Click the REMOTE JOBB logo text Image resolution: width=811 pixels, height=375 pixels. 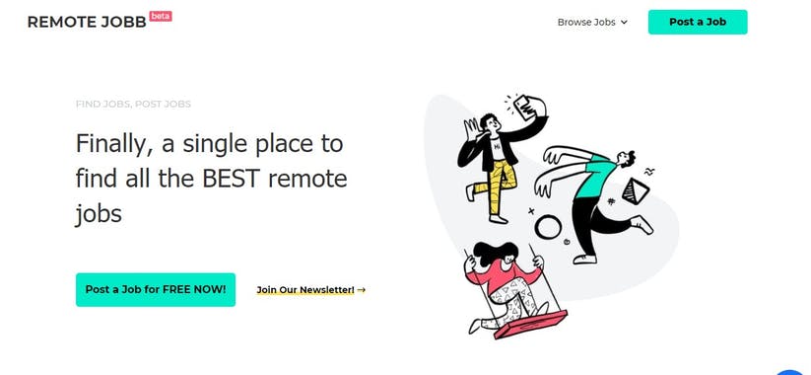86,22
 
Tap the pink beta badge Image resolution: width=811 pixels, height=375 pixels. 161,16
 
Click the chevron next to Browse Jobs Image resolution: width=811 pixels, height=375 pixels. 624,23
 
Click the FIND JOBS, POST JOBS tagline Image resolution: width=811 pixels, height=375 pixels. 133,104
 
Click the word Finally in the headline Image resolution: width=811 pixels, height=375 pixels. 110,144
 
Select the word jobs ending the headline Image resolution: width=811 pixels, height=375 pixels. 99,212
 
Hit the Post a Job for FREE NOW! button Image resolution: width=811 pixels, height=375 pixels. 156,289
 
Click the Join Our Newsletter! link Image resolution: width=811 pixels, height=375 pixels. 304,290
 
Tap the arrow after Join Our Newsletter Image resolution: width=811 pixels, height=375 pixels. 362,290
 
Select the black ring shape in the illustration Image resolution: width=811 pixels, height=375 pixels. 548,228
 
